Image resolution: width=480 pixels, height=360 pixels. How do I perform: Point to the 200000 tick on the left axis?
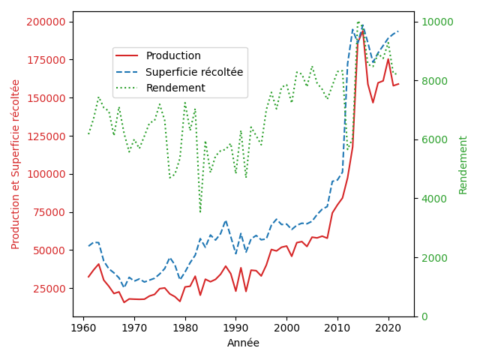tap(46, 22)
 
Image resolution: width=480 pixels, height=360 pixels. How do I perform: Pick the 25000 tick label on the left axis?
tap(49, 288)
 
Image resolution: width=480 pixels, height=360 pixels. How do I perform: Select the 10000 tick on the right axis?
tap(437, 22)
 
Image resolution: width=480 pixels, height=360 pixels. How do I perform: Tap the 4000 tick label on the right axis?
tap(434, 199)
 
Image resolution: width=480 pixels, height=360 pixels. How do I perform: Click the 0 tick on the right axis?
tap(424, 316)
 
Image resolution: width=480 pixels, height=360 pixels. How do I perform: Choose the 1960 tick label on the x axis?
tap(83, 328)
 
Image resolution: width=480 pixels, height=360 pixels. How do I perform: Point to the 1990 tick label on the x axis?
tap(235, 328)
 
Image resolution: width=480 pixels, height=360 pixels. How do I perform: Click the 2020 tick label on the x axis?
tap(388, 328)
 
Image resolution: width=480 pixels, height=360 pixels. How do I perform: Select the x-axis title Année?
tap(243, 343)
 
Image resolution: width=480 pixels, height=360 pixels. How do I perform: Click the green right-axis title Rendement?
tap(463, 165)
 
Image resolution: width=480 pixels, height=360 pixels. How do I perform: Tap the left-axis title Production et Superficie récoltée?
tap(15, 165)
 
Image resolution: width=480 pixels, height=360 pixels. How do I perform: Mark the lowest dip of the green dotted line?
tap(200, 212)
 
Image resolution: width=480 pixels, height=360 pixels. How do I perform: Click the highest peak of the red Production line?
tap(363, 31)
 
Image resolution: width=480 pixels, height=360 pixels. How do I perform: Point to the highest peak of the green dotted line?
tap(358, 22)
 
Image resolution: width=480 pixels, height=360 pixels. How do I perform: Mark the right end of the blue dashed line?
tap(398, 31)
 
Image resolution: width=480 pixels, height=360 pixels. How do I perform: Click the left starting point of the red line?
tap(88, 277)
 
